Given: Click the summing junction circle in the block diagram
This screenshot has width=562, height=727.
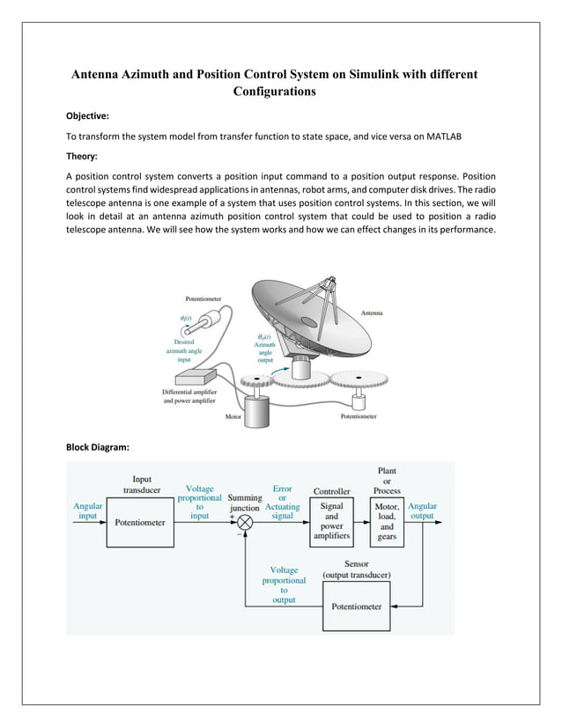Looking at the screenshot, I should click(246, 522).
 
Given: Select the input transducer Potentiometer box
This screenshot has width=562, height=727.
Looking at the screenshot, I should click(140, 522).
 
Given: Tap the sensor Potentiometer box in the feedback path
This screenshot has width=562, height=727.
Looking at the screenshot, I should click(356, 606).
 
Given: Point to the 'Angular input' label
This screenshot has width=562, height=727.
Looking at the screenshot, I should click(87, 511).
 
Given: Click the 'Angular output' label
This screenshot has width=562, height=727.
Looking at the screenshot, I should click(423, 511).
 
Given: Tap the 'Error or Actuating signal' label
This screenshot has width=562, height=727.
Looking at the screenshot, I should click(282, 502).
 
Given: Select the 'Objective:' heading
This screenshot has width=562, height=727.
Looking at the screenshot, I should click(89, 115).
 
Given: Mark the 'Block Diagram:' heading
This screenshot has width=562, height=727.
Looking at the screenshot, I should click(98, 448).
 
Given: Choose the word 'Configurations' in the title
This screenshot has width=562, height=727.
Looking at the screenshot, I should click(274, 91).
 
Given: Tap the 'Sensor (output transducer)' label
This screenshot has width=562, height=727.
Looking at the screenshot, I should click(357, 569).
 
